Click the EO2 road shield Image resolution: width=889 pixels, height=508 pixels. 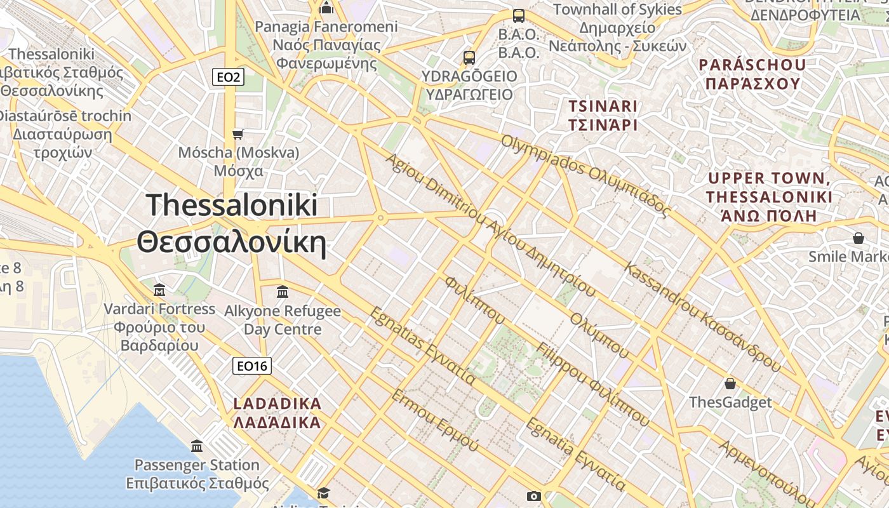pyautogui.click(x=228, y=77)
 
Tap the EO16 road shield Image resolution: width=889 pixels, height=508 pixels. pyautogui.click(x=252, y=366)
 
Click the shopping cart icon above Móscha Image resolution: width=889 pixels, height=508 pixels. pyautogui.click(x=238, y=134)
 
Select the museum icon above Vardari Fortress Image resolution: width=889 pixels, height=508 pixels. pyautogui.click(x=159, y=290)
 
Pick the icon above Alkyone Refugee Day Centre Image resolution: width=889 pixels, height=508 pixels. pyautogui.click(x=283, y=292)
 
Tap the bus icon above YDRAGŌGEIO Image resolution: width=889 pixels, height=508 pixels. pyautogui.click(x=469, y=58)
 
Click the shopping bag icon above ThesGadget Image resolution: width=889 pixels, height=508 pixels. pyautogui.click(x=730, y=384)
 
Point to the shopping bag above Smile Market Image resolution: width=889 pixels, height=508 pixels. pyautogui.click(x=859, y=238)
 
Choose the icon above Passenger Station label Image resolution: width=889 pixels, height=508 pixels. pyautogui.click(x=197, y=446)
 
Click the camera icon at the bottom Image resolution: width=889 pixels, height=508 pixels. pyautogui.click(x=533, y=496)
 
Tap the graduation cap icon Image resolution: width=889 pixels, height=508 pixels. pyautogui.click(x=323, y=493)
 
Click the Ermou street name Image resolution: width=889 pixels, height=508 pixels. pyautogui.click(x=434, y=420)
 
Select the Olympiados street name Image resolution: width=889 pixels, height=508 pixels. pyautogui.click(x=585, y=175)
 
